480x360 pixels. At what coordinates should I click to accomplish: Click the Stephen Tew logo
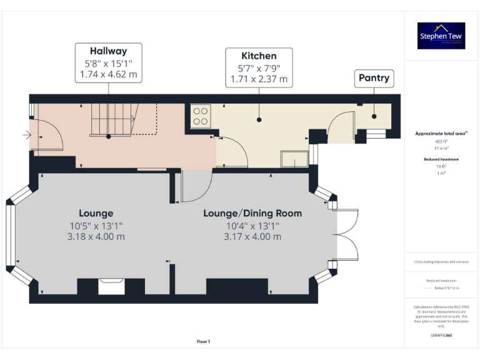tap(441, 36)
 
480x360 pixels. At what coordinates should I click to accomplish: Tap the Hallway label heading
tap(108, 51)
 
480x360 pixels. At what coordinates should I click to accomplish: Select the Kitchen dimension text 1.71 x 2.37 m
tap(259, 79)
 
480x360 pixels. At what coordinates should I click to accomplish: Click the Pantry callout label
tap(374, 78)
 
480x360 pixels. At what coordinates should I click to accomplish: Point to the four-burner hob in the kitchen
tap(201, 116)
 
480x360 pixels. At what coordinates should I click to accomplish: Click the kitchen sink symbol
tap(294, 160)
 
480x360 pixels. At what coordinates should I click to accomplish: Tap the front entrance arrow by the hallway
tap(25, 134)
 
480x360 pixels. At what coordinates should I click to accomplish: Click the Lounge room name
tap(96, 213)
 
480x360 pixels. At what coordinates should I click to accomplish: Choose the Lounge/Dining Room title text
tap(252, 213)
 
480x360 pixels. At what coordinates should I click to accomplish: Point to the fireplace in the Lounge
tap(112, 286)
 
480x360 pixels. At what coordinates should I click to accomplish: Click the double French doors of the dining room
tap(347, 235)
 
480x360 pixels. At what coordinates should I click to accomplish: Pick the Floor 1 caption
tap(203, 341)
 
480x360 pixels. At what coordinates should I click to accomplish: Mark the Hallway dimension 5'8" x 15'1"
tap(108, 63)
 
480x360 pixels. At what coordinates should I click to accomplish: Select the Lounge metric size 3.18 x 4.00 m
tap(96, 236)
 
